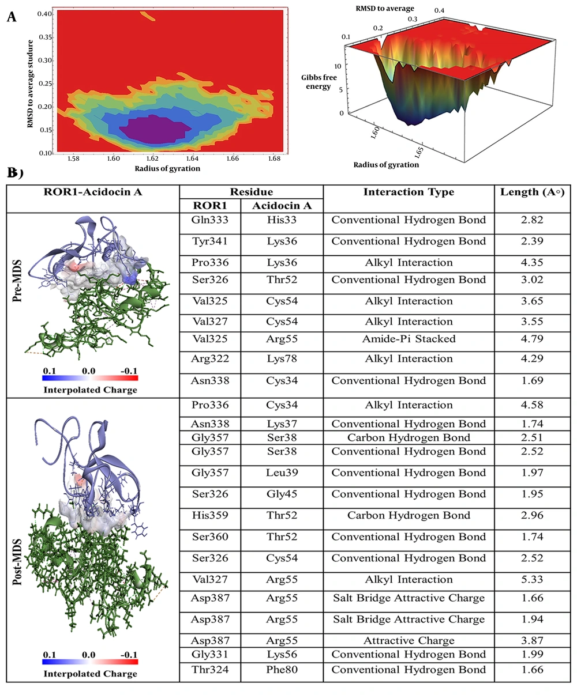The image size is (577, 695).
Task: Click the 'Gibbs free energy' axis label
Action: click(x=316, y=81)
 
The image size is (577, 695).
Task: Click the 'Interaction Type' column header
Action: click(x=409, y=192)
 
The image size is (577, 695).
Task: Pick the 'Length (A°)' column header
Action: click(x=529, y=192)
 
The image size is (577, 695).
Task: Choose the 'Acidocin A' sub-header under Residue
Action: click(x=282, y=205)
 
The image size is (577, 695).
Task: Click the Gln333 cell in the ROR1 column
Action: click(x=211, y=220)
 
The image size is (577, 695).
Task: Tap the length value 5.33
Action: click(x=531, y=579)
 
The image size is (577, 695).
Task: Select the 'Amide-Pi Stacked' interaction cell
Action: click(x=409, y=338)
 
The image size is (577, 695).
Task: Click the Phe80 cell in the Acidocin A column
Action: click(x=282, y=669)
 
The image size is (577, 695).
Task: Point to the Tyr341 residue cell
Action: click(x=211, y=241)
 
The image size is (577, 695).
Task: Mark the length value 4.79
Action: click(x=531, y=338)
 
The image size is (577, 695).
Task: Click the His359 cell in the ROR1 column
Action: click(x=211, y=515)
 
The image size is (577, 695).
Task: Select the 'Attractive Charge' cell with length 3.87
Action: click(x=409, y=640)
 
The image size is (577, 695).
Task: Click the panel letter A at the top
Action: click(x=11, y=17)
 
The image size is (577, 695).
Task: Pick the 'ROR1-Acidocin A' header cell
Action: click(x=93, y=192)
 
